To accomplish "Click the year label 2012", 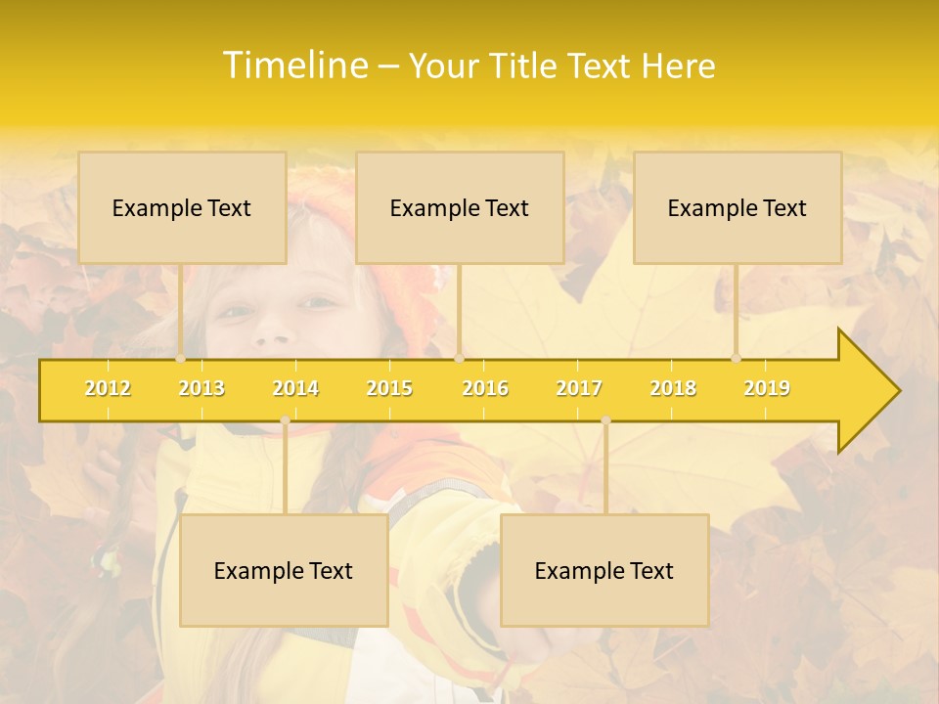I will (108, 388).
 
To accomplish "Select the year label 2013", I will (201, 388).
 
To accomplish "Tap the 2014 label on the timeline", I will (295, 388).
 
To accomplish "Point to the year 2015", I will (389, 388).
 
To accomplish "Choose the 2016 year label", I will (485, 388).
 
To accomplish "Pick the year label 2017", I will (579, 388).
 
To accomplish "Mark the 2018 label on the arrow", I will (673, 388).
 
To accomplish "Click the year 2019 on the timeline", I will (767, 388).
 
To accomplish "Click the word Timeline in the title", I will (294, 66).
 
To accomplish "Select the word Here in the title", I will (678, 66).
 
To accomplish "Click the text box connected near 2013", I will (182, 207).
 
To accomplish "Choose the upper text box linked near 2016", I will (460, 207).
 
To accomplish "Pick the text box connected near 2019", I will (738, 207).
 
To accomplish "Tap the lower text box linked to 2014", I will (284, 570).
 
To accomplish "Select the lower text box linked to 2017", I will (604, 570).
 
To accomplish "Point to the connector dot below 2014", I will (285, 419).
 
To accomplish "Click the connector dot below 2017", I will (605, 419).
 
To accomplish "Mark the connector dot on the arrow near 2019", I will (737, 359).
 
